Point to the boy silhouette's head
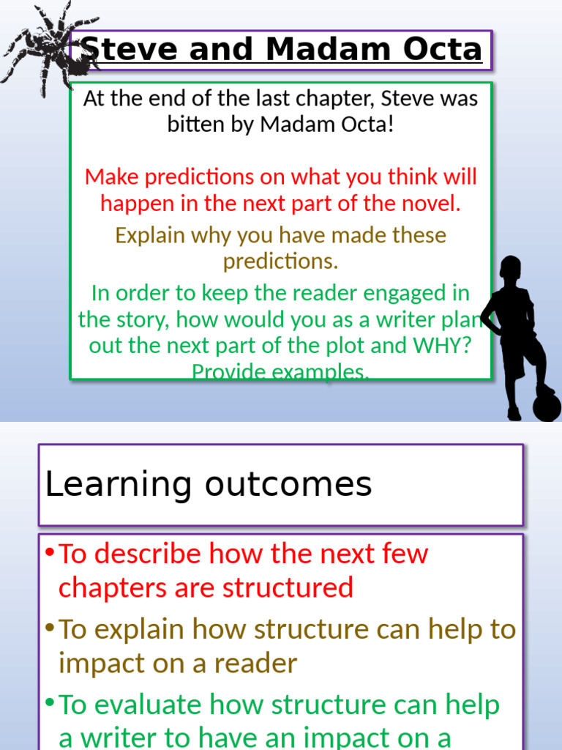click(510, 269)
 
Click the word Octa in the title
click(446, 50)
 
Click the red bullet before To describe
click(49, 552)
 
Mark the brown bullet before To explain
click(49, 627)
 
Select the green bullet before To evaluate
click(49, 702)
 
